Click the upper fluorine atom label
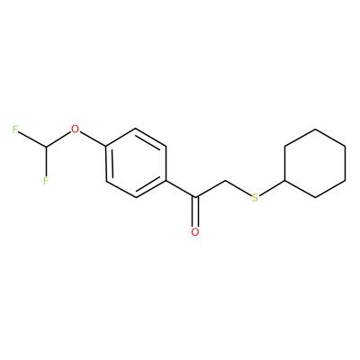click(15, 130)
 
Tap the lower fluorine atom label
click(45, 181)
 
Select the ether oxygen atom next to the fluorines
click(76, 130)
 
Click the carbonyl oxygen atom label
click(195, 232)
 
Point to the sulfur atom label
click(255, 198)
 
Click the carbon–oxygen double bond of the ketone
click(195, 211)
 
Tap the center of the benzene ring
click(136, 164)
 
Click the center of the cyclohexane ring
click(315, 164)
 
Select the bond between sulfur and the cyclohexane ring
click(272, 188)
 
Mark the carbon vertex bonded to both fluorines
click(46, 147)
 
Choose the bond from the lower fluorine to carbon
click(46, 161)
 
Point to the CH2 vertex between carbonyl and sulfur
click(225, 181)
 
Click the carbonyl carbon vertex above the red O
click(195, 197)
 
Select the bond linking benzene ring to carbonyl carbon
click(181, 189)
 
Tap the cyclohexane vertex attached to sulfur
click(284, 181)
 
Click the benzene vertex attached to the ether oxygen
click(106, 147)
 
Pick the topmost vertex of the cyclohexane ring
click(315, 130)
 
